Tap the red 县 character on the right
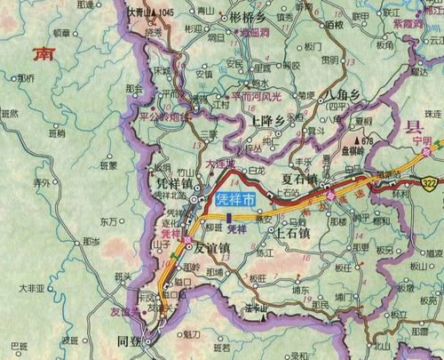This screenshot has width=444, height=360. pos(411,127)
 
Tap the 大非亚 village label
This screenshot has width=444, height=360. pos(32,288)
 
